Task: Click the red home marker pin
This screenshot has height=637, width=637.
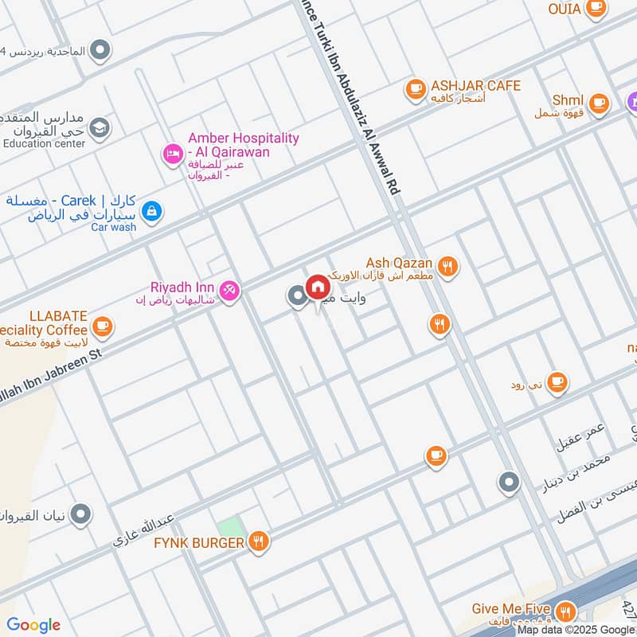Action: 318,287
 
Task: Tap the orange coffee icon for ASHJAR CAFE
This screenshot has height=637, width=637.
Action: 414,90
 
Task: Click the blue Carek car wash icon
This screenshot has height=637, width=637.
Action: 150,212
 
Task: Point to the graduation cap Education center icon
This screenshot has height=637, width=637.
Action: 100,127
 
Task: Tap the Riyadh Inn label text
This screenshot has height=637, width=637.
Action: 182,287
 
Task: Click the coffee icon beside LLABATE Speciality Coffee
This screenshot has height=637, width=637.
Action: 102,325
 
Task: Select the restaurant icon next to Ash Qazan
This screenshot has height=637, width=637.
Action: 449,267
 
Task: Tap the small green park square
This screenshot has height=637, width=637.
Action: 229,527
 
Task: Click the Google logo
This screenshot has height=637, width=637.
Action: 33,624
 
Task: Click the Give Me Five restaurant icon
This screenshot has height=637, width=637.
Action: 565,612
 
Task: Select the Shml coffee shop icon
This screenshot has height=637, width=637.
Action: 598,102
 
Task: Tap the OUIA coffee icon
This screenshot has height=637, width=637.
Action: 595,8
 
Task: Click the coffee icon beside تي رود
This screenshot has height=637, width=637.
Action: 557,382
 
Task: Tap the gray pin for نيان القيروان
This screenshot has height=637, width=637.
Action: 80,515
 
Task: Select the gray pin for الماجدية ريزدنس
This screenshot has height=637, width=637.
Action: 100,51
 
